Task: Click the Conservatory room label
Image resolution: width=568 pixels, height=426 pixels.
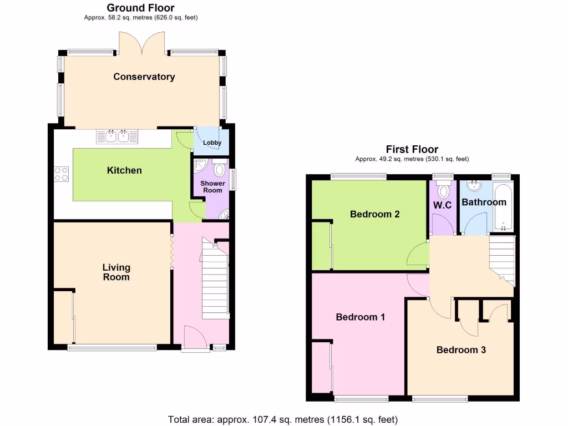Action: tap(144, 77)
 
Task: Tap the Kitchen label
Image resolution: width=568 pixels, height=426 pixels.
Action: tap(124, 170)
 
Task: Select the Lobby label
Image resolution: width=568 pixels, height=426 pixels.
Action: tap(212, 143)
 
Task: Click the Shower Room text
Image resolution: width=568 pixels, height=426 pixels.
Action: tap(212, 186)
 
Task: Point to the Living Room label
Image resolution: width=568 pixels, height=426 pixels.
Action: tap(116, 272)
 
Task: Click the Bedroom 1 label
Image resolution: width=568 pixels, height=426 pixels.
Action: tap(361, 317)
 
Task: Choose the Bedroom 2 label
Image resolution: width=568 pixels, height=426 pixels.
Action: tap(375, 214)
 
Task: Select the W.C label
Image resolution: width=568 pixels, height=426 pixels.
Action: tap(442, 205)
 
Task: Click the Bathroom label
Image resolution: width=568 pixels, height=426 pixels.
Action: tap(484, 202)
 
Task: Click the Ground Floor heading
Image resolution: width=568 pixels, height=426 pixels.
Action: tap(140, 8)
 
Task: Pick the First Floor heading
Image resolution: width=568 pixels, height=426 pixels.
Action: tap(412, 149)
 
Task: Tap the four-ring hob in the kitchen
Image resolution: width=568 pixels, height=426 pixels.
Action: tap(61, 174)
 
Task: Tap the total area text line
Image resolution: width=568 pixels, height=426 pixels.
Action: tap(283, 419)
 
